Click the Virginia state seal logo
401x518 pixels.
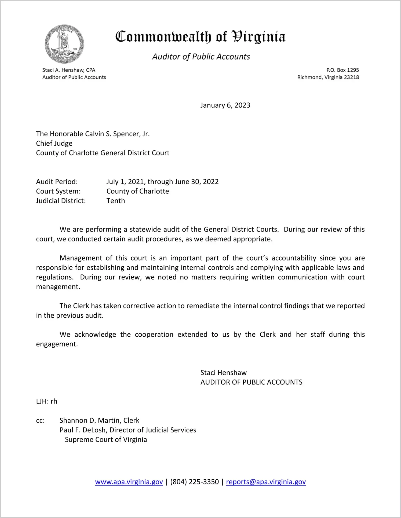64,44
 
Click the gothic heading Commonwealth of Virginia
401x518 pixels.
200,37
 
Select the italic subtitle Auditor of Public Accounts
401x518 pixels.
201,57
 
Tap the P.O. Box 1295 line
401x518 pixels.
342,70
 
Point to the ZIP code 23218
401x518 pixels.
351,77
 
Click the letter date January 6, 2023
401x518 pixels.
225,105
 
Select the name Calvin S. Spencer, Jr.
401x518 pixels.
117,134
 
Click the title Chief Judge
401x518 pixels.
54,144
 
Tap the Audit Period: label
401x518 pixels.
57,182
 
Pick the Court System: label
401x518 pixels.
58,191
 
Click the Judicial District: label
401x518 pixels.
61,201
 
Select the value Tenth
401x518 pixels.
116,201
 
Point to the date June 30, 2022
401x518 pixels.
196,182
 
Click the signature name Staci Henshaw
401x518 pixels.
223,373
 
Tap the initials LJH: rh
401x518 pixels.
47,401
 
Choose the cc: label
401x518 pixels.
40,421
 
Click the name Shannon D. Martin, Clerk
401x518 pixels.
99,420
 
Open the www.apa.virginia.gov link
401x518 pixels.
129,482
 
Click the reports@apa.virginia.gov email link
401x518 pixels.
266,482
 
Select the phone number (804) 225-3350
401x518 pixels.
194,482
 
